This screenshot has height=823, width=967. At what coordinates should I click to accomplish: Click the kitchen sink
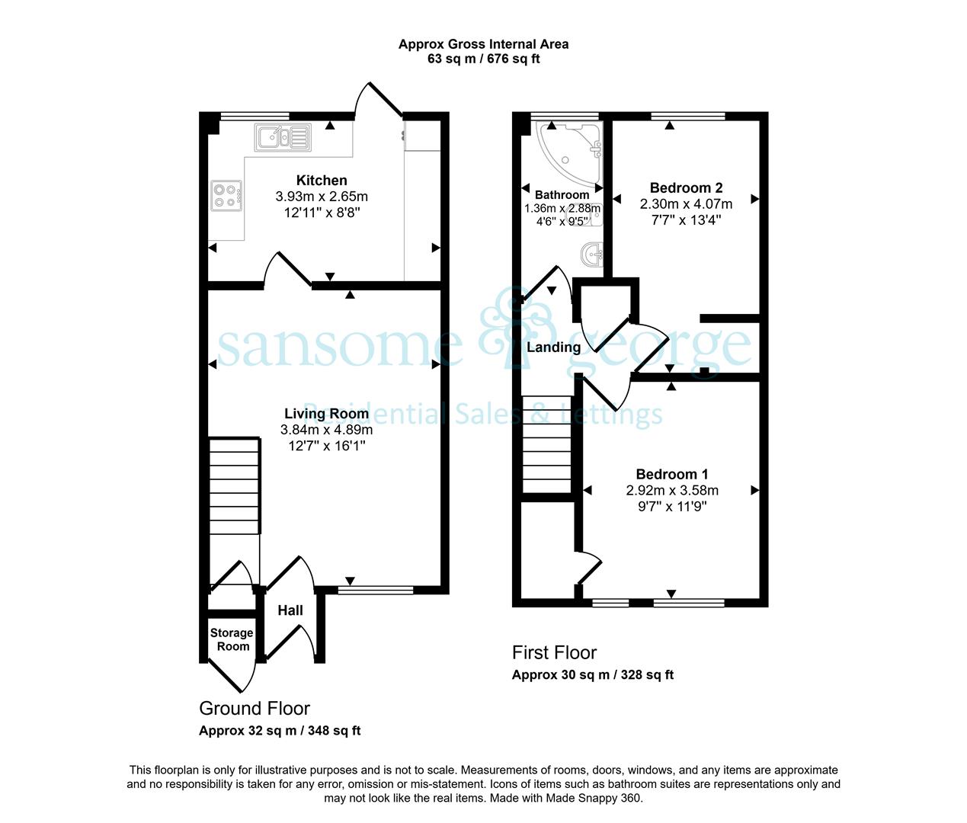coord(283,137)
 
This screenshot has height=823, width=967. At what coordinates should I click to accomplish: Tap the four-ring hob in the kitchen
coord(226,196)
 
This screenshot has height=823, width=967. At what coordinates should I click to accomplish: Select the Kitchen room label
coord(322,180)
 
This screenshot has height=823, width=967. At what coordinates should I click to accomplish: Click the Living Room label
coord(327,414)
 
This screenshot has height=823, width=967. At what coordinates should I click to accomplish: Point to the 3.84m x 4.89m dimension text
coord(327,430)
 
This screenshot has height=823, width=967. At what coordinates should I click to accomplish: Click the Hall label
coord(290,610)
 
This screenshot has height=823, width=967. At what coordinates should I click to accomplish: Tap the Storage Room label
coord(232,639)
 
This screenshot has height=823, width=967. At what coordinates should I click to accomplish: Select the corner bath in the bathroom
coord(568,152)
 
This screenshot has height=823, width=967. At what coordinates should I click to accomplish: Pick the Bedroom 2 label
coord(686,188)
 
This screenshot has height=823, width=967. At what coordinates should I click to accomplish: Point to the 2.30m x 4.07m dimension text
coord(686,204)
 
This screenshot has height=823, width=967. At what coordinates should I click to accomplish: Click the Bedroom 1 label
coord(672,475)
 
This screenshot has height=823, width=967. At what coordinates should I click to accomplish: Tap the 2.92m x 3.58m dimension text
coord(672,490)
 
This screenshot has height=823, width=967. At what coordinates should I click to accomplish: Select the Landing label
coord(553,347)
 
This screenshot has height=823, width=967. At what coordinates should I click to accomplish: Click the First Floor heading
coord(555,653)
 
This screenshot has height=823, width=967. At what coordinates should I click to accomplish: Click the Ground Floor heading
coord(255,709)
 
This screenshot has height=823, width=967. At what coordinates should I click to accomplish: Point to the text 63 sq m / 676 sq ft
coord(483,59)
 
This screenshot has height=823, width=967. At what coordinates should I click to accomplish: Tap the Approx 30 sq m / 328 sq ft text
coord(592,674)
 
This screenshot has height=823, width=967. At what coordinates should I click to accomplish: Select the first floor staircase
coord(547,444)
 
